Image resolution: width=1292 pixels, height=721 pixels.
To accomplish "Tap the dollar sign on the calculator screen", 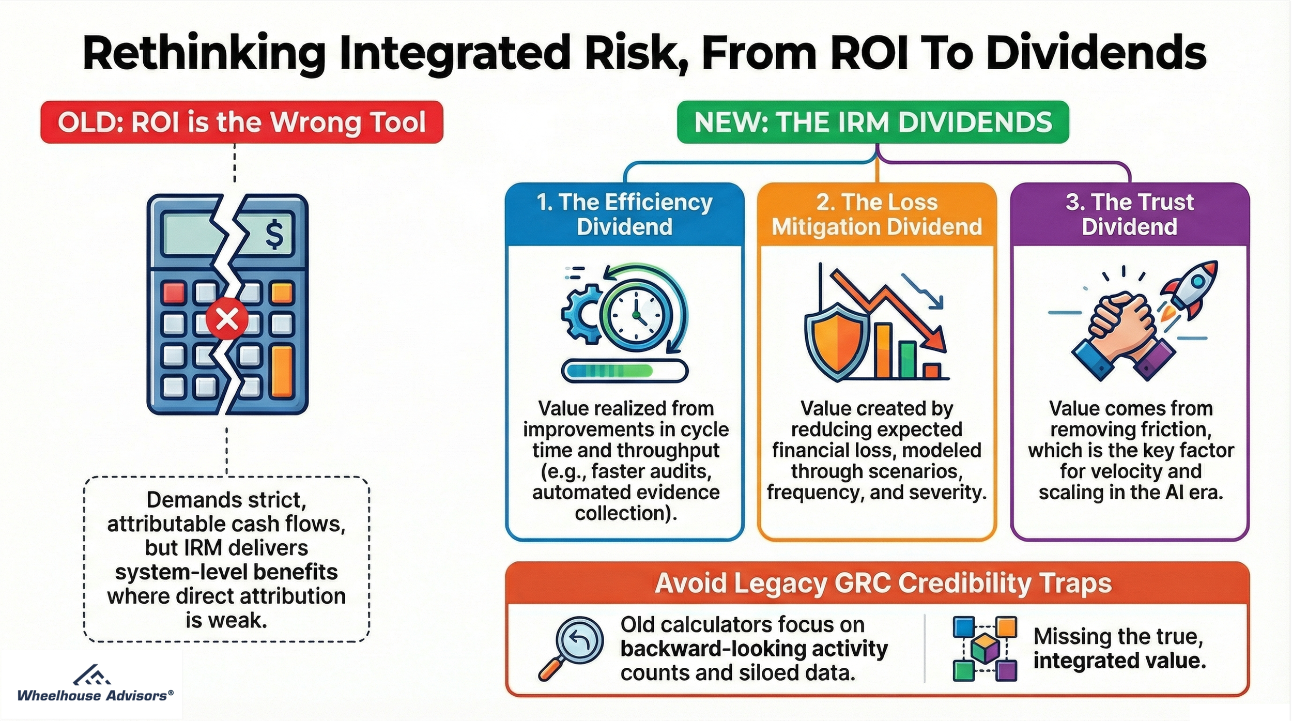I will click(273, 234).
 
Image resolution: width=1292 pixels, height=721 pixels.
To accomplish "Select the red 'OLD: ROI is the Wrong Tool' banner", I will click(242, 122).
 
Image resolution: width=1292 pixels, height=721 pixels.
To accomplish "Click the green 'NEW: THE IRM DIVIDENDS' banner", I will click(873, 122).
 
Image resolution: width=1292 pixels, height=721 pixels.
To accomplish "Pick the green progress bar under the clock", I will click(625, 371).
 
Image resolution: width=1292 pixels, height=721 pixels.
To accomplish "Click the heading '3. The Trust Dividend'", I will click(1129, 214).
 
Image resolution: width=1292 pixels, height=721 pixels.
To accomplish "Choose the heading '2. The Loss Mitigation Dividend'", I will click(876, 214).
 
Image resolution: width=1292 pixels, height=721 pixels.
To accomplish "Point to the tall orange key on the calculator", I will click(282, 372).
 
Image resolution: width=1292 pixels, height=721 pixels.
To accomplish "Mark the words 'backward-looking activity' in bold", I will click(753, 648).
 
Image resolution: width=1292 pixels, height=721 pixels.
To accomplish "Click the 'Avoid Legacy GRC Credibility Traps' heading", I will click(883, 584).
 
